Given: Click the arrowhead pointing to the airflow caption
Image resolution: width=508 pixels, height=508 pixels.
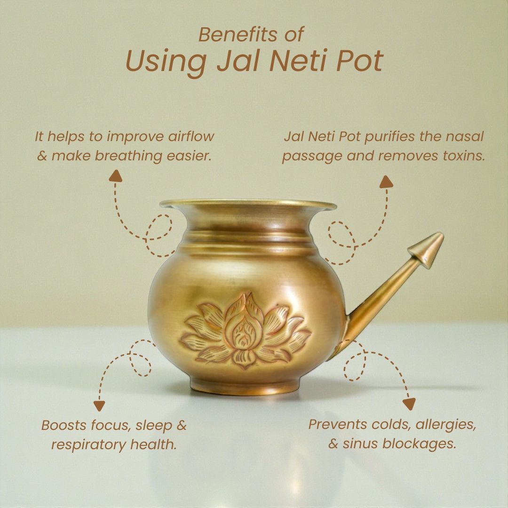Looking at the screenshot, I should (x=115, y=176).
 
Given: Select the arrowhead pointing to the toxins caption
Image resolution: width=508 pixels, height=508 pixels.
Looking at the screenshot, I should (x=386, y=182).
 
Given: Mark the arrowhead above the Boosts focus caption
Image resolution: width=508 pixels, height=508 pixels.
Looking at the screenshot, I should (x=99, y=406).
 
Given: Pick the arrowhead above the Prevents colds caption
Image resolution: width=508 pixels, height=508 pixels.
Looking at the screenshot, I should (x=409, y=404).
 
